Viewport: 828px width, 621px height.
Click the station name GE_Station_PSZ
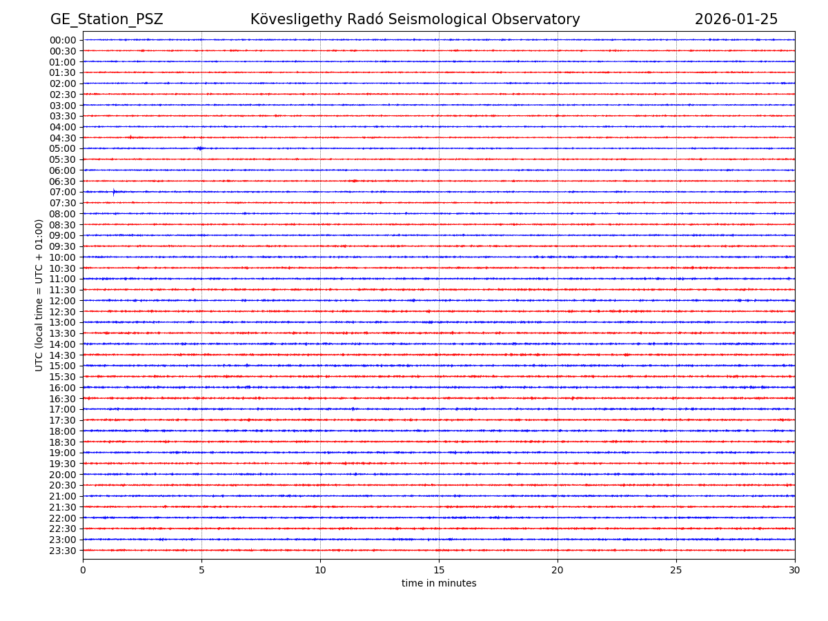tap(106, 19)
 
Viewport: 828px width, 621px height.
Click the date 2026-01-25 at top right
tap(736, 19)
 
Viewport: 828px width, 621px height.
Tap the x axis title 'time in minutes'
tap(439, 583)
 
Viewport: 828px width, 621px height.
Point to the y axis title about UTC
tap(39, 295)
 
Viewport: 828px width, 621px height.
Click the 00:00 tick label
tap(63, 40)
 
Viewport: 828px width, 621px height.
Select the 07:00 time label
tap(63, 192)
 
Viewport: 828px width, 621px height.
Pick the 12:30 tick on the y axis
tap(63, 311)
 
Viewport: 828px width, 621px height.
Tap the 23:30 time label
tap(63, 550)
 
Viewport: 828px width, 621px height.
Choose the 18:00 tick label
tap(63, 431)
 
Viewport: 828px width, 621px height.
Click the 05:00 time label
tap(63, 148)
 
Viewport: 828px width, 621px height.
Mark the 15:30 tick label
tap(63, 377)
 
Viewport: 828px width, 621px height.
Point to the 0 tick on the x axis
tap(83, 570)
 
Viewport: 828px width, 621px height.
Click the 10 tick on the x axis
tap(320, 570)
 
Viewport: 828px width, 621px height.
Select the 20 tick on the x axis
tap(558, 570)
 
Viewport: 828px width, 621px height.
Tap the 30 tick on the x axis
tap(795, 570)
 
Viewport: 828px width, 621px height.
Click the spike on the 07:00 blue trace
tap(114, 193)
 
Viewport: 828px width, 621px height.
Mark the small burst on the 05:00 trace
tap(200, 148)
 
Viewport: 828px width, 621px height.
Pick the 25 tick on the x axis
tap(676, 570)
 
